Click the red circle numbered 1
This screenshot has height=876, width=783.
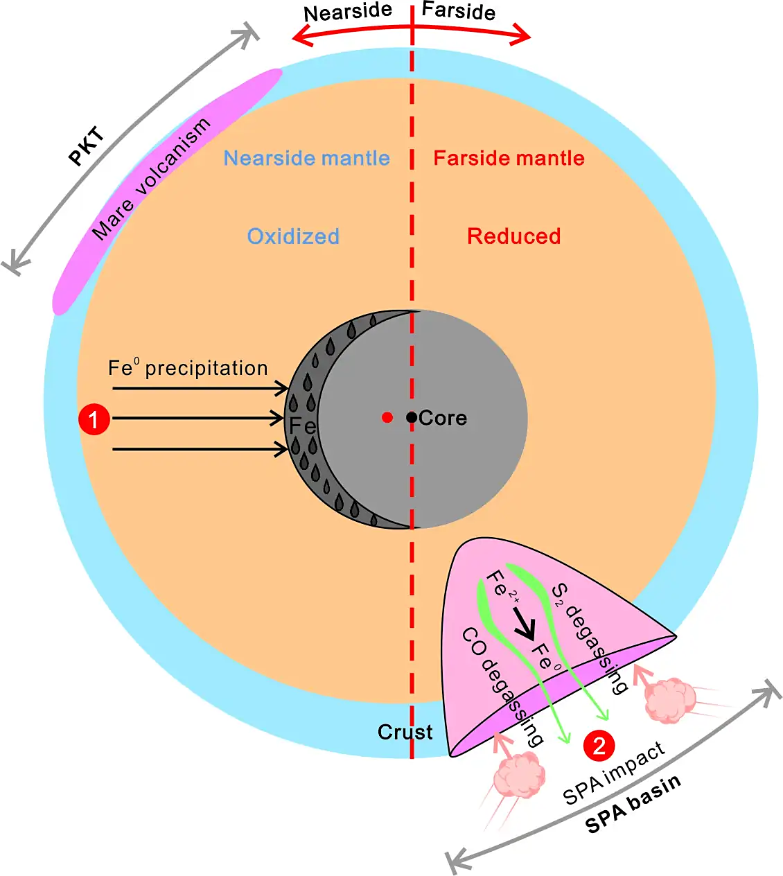click(x=94, y=419)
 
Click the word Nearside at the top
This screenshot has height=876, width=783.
click(x=348, y=12)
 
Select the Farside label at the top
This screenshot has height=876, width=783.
click(x=459, y=10)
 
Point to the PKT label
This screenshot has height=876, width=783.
click(x=87, y=146)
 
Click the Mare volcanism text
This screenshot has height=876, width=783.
click(x=150, y=179)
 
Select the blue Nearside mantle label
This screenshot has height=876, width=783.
click(x=306, y=158)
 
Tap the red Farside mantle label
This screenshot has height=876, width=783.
click(x=509, y=158)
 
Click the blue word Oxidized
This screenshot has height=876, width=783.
click(x=293, y=236)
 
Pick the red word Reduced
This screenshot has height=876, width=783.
click(x=513, y=236)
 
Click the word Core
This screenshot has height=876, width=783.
click(x=443, y=418)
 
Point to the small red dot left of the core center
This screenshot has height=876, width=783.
click(x=387, y=417)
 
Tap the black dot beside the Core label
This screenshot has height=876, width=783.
click(x=412, y=417)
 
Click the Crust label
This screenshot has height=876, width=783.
click(x=405, y=732)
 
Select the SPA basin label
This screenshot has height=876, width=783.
click(x=633, y=803)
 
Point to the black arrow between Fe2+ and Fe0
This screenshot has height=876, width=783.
click(x=524, y=623)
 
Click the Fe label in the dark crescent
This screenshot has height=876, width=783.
click(x=302, y=426)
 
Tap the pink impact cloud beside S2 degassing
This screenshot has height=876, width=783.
click(x=669, y=701)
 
